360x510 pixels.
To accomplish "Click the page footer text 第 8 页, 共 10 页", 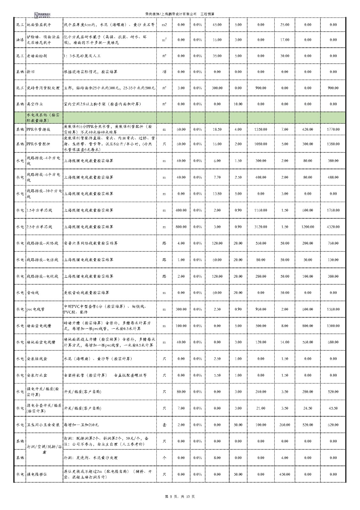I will click(180, 496).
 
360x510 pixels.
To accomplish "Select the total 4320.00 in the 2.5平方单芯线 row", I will click(333, 227).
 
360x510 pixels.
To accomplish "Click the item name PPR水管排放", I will click(39, 129).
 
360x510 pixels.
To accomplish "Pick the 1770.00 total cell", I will click(333, 129).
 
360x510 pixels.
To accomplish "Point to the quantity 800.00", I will click(181, 227).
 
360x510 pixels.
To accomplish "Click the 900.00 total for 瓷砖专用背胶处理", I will click(333, 88).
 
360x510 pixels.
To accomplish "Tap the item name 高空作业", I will click(35, 104).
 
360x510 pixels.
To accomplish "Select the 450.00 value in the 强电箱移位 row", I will click(284, 474).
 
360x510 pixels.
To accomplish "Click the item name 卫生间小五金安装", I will click(43, 425).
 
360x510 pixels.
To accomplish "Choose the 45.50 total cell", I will click(333, 408).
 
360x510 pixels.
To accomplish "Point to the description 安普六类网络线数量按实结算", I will click(91, 243).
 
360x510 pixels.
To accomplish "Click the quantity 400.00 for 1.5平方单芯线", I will click(181, 210).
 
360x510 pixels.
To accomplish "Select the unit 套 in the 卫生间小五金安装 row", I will click(164, 425).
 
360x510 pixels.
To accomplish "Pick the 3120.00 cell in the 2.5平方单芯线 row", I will click(261, 227).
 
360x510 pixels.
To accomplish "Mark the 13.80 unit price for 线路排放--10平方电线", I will click(217, 193).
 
